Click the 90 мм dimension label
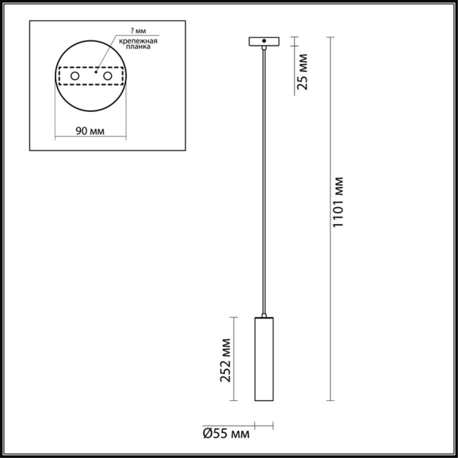point(90,131)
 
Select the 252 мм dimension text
point(226,360)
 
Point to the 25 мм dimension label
point(302,71)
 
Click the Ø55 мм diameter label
point(226,434)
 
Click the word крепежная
point(138,40)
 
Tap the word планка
point(138,47)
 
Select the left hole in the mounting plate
point(75,76)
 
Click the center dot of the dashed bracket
point(97,71)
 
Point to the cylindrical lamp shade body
point(264,359)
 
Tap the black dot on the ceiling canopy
point(264,40)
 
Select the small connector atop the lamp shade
point(264,316)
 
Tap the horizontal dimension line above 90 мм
point(90,137)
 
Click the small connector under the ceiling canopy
point(264,48)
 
